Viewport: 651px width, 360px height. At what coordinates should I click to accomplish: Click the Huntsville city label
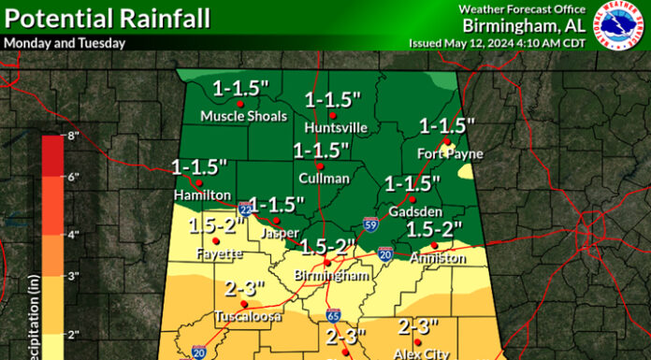[x=336, y=127]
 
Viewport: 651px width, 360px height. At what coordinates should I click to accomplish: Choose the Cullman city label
[x=324, y=178]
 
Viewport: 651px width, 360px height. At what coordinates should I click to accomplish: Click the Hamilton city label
[x=202, y=194]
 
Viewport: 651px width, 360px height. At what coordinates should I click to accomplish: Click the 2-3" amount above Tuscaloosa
[x=245, y=289]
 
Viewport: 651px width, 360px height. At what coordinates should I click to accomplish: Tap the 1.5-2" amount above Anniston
[x=436, y=229]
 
